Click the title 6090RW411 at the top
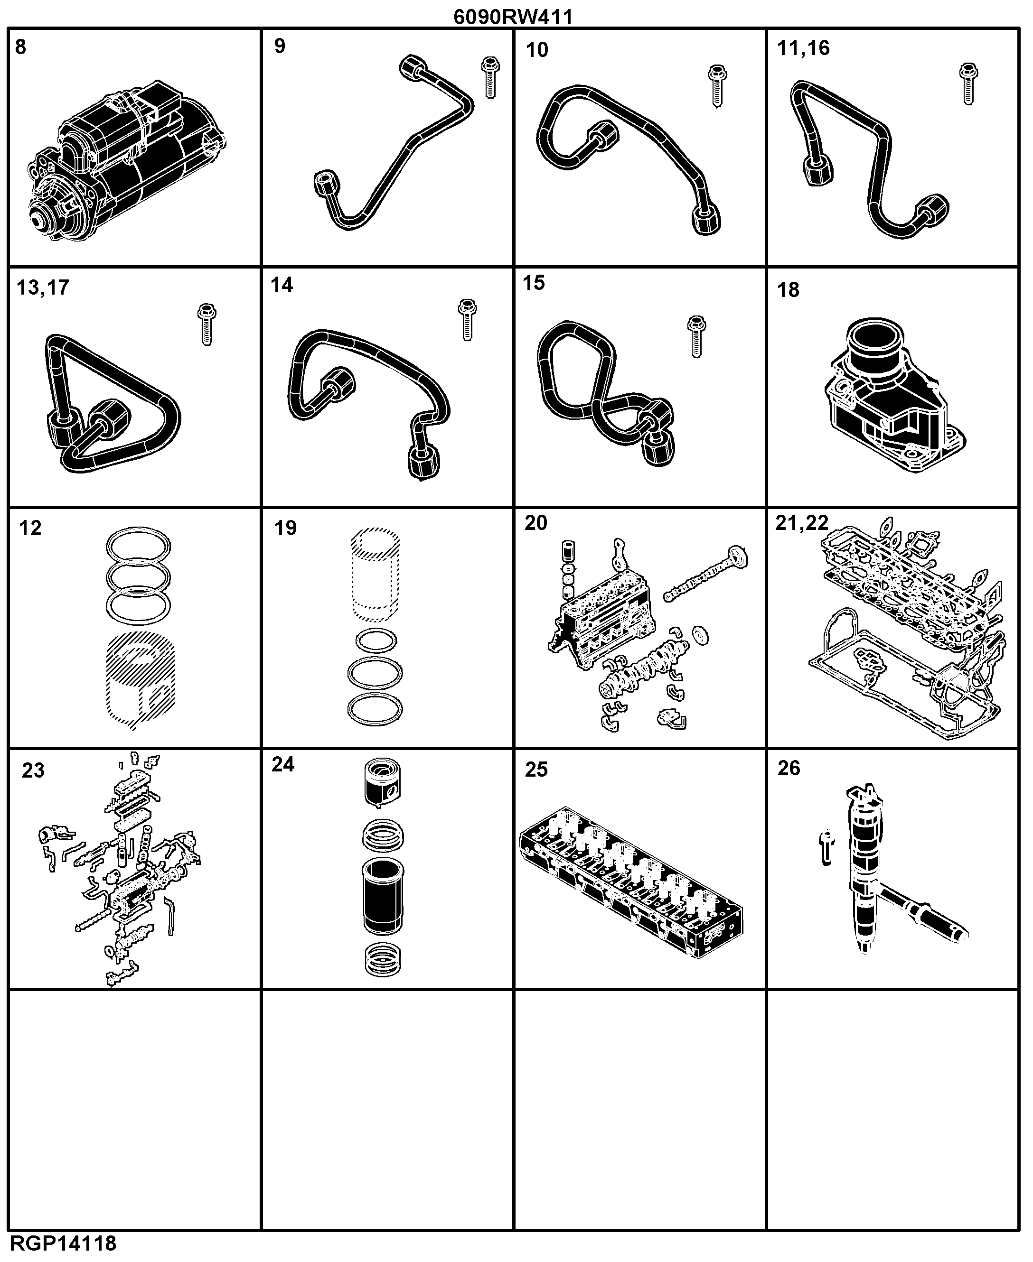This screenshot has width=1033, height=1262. (x=513, y=17)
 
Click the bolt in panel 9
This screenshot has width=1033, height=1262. (x=490, y=77)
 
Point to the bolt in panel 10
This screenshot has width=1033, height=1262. (x=718, y=86)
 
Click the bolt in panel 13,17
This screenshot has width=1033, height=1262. (x=207, y=324)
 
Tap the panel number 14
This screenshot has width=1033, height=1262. (x=282, y=285)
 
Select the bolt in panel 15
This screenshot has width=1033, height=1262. (x=696, y=336)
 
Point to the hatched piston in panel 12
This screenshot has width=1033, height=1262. (x=141, y=681)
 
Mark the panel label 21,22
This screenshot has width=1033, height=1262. (x=801, y=523)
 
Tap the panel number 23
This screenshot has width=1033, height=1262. (x=33, y=771)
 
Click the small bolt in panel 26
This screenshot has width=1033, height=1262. (x=826, y=847)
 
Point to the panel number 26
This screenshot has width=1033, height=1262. (x=789, y=769)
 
